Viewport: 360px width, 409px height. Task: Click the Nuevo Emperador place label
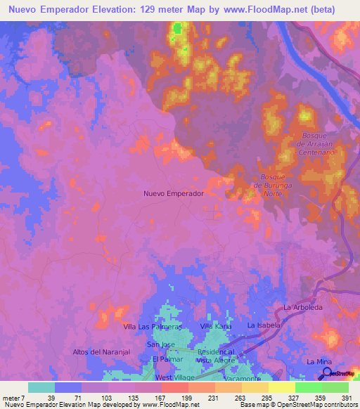[173, 193]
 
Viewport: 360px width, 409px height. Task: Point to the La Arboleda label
[302, 308]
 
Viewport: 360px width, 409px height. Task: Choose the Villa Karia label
[216, 327]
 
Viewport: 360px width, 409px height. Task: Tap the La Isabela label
[264, 326]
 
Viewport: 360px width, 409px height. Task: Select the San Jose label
[160, 344]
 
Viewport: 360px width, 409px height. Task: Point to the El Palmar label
[167, 359]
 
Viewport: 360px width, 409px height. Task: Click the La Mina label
[319, 361]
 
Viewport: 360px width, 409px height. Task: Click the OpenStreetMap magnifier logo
[327, 372]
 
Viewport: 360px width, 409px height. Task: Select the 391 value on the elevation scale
[346, 398]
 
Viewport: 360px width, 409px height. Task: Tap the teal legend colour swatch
[41, 387]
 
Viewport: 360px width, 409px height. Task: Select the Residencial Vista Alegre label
[216, 355]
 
